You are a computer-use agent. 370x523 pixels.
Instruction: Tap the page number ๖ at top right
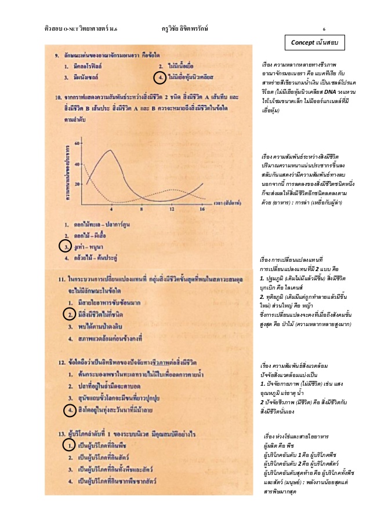pos(324,28)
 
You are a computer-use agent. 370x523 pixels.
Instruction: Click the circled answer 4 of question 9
pos(158,77)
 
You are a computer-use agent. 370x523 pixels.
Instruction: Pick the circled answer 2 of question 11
pos(68,314)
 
